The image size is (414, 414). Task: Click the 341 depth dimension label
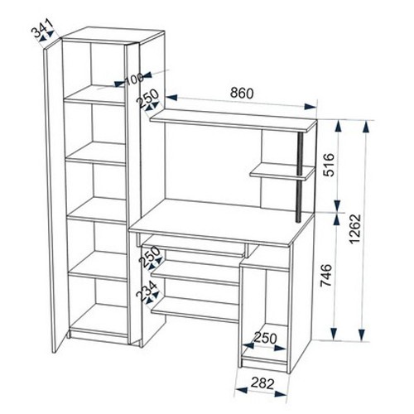(42, 28)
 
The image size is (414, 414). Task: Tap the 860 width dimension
(242, 93)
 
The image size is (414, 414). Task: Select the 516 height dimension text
(329, 165)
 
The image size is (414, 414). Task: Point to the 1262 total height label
(354, 229)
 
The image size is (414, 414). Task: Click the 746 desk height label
(326, 276)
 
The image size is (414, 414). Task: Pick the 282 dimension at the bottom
(262, 383)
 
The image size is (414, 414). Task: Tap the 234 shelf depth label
(147, 291)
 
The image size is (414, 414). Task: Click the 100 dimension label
(134, 79)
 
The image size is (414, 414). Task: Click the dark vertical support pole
(300, 177)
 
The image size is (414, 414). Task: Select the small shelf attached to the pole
(282, 171)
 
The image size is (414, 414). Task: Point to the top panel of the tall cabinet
(113, 35)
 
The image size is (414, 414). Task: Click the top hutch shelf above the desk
(233, 120)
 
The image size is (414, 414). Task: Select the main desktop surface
(222, 223)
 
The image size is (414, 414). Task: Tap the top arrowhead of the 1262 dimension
(366, 127)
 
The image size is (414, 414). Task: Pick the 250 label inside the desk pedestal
(265, 338)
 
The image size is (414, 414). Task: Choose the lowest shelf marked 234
(195, 310)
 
